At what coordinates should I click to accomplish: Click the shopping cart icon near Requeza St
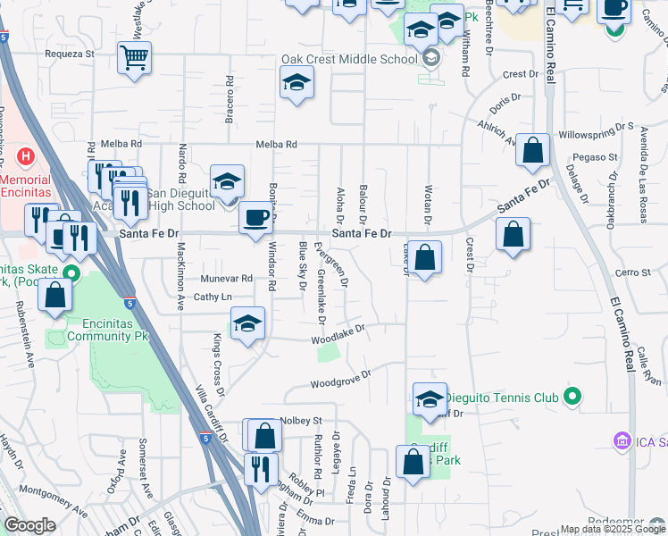click(x=134, y=60)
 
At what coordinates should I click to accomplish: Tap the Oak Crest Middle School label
click(x=349, y=60)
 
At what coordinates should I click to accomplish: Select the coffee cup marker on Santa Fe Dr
click(x=256, y=218)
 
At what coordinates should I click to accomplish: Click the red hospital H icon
click(x=26, y=157)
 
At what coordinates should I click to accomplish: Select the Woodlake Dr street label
click(x=339, y=335)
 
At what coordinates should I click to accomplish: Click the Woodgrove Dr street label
click(x=340, y=380)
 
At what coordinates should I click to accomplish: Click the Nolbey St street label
click(x=300, y=420)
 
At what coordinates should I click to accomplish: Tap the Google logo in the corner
click(x=29, y=526)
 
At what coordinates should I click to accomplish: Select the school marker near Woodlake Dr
click(x=247, y=324)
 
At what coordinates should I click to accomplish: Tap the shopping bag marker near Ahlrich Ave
click(x=532, y=153)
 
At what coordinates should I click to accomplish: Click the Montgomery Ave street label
click(x=54, y=501)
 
